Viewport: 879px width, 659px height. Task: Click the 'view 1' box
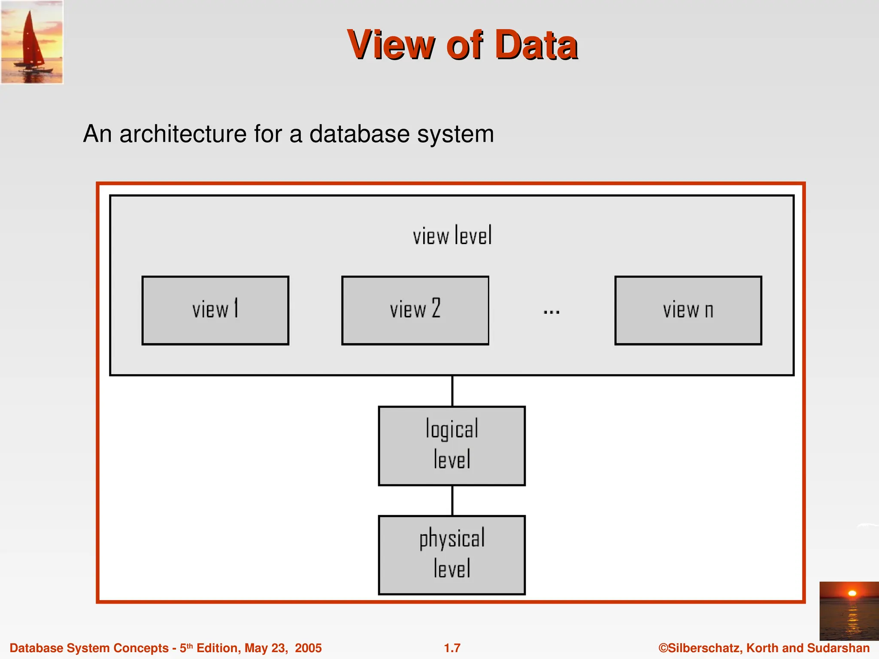[215, 310]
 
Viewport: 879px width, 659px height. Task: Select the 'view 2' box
[415, 310]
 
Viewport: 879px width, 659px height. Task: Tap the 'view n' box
[688, 310]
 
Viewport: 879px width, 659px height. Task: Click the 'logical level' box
[452, 446]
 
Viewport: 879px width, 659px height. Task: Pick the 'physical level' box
[452, 555]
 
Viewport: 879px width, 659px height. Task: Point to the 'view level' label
[452, 236]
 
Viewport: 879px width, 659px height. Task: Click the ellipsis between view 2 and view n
[551, 312]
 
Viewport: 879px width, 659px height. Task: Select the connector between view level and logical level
[452, 391]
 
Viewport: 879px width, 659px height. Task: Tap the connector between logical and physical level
[452, 500]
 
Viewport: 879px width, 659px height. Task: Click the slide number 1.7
[452, 648]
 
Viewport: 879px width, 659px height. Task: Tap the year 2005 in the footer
[308, 648]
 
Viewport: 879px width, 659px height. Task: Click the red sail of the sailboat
[32, 41]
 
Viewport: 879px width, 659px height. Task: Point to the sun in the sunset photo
[852, 593]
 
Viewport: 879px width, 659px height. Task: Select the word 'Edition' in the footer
[218, 648]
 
